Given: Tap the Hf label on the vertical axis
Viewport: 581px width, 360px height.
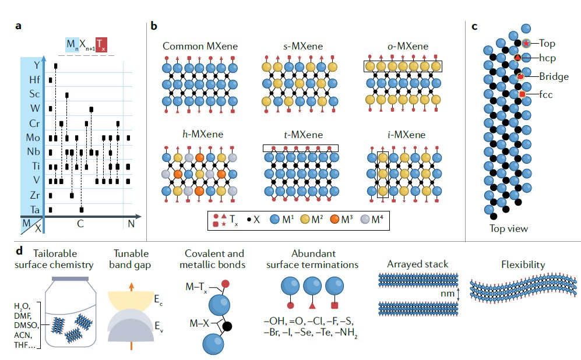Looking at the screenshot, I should pos(35,79).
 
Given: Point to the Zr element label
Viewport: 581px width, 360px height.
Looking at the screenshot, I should pos(35,195).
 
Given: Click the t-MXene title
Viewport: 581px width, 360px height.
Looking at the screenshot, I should pos(300,135).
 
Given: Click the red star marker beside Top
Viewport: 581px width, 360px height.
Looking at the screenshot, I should pos(527,43).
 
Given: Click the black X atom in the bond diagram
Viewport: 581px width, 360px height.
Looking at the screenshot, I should pos(227,327).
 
